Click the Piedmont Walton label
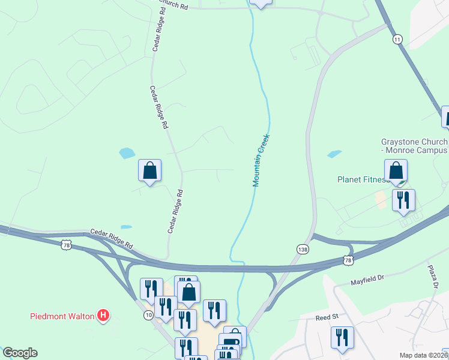(x=62, y=316)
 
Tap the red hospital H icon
(x=103, y=314)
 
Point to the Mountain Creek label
(x=262, y=160)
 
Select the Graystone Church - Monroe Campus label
(x=414, y=146)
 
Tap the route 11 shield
(x=397, y=39)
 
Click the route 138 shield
(x=302, y=248)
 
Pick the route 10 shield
(x=148, y=316)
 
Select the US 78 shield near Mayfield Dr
(x=348, y=260)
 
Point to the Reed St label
(x=327, y=316)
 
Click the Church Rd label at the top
(x=174, y=6)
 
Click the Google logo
(x=20, y=353)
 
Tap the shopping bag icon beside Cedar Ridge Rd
(x=149, y=170)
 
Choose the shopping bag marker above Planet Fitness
(x=396, y=170)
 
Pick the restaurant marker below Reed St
(x=342, y=337)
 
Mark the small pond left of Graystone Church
(x=334, y=154)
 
